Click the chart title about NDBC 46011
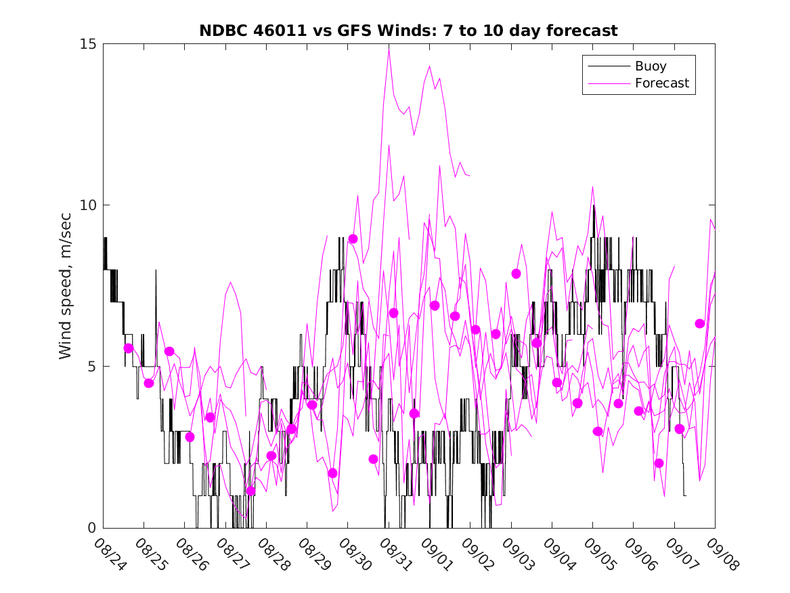[408, 31]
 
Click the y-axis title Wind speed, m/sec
[66, 285]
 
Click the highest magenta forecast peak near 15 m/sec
[389, 46]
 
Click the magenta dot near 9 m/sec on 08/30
[353, 239]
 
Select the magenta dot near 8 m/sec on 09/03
[516, 274]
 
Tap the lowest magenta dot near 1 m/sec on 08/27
[250, 491]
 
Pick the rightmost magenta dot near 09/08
[699, 324]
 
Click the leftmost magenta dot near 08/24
[129, 348]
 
